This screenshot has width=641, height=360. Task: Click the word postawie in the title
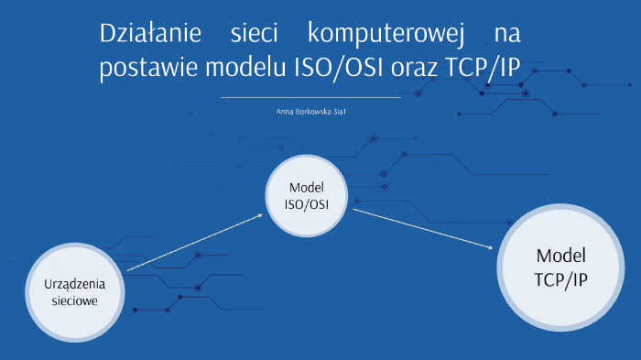pos(143,69)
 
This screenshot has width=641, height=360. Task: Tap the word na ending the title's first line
pos(506,36)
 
